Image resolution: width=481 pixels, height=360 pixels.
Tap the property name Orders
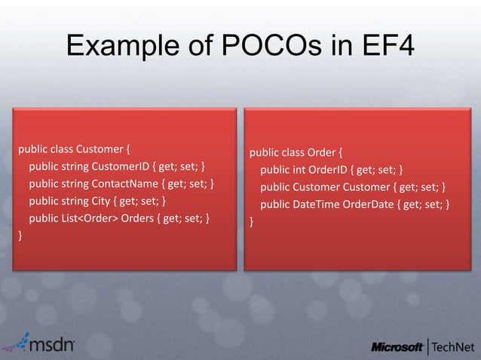pyautogui.click(x=140, y=220)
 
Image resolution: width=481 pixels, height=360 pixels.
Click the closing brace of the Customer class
pyautogui.click(x=21, y=237)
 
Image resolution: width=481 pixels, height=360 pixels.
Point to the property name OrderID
pyautogui.click(x=330, y=169)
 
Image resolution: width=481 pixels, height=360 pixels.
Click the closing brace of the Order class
pyautogui.click(x=252, y=223)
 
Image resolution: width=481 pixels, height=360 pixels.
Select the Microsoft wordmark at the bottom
pyautogui.click(x=397, y=346)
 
